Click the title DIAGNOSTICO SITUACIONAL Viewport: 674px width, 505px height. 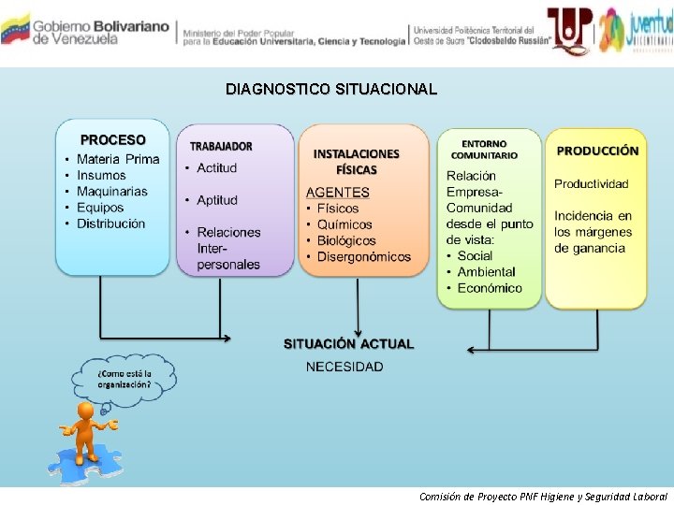click(x=330, y=90)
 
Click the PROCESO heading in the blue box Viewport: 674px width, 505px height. click(x=112, y=140)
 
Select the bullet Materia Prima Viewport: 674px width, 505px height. click(x=118, y=159)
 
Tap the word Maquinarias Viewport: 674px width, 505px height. click(x=112, y=192)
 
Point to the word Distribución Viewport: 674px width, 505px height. click(x=110, y=224)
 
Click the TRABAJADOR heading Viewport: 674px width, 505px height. click(x=221, y=146)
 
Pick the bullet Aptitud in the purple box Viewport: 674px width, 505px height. click(x=217, y=200)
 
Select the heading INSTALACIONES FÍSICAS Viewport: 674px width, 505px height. click(x=356, y=162)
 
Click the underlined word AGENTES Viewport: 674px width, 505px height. click(x=338, y=192)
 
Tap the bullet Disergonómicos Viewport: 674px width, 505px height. click(x=364, y=256)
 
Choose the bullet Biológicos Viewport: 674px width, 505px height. click(x=346, y=240)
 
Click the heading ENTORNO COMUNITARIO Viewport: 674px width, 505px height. click(x=483, y=149)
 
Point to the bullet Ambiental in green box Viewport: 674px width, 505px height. click(x=487, y=272)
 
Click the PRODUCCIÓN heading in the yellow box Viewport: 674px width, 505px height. click(x=597, y=151)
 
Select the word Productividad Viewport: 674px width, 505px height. click(x=591, y=184)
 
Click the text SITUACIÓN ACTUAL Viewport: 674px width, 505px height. click(x=347, y=343)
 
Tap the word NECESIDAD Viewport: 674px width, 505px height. click(x=344, y=367)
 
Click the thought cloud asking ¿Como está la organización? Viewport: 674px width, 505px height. click(x=125, y=378)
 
